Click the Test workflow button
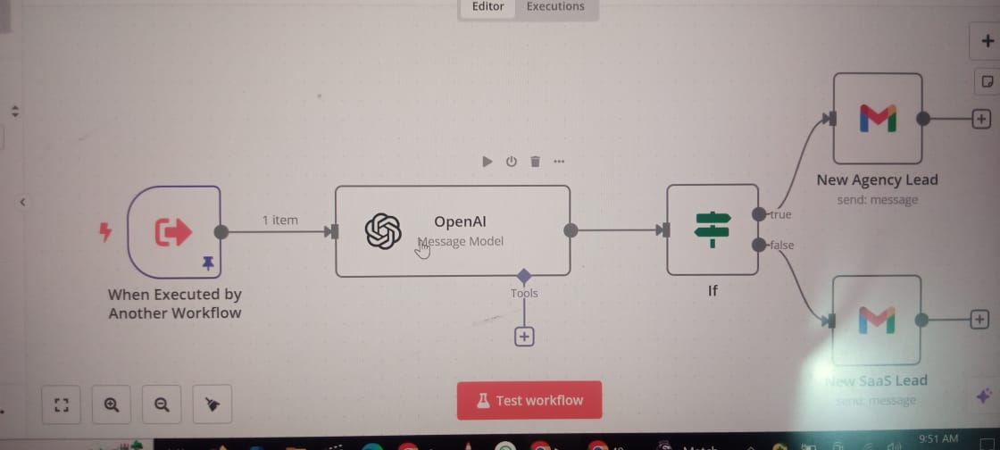(x=529, y=400)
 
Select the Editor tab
(x=487, y=7)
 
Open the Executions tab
(x=555, y=7)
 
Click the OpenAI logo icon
(x=383, y=231)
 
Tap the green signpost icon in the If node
(x=712, y=230)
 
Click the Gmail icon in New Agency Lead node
(x=877, y=118)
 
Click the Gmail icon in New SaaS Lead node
(x=876, y=320)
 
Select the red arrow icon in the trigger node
(x=173, y=232)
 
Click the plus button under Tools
(x=524, y=337)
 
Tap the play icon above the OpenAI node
(x=487, y=162)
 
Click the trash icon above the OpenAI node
(x=535, y=162)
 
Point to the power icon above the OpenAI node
(x=511, y=162)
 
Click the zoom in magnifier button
(x=112, y=404)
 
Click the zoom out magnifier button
(x=162, y=404)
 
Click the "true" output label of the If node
(x=780, y=214)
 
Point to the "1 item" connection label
(x=279, y=220)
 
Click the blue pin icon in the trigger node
(x=208, y=262)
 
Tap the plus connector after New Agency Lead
(x=980, y=118)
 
